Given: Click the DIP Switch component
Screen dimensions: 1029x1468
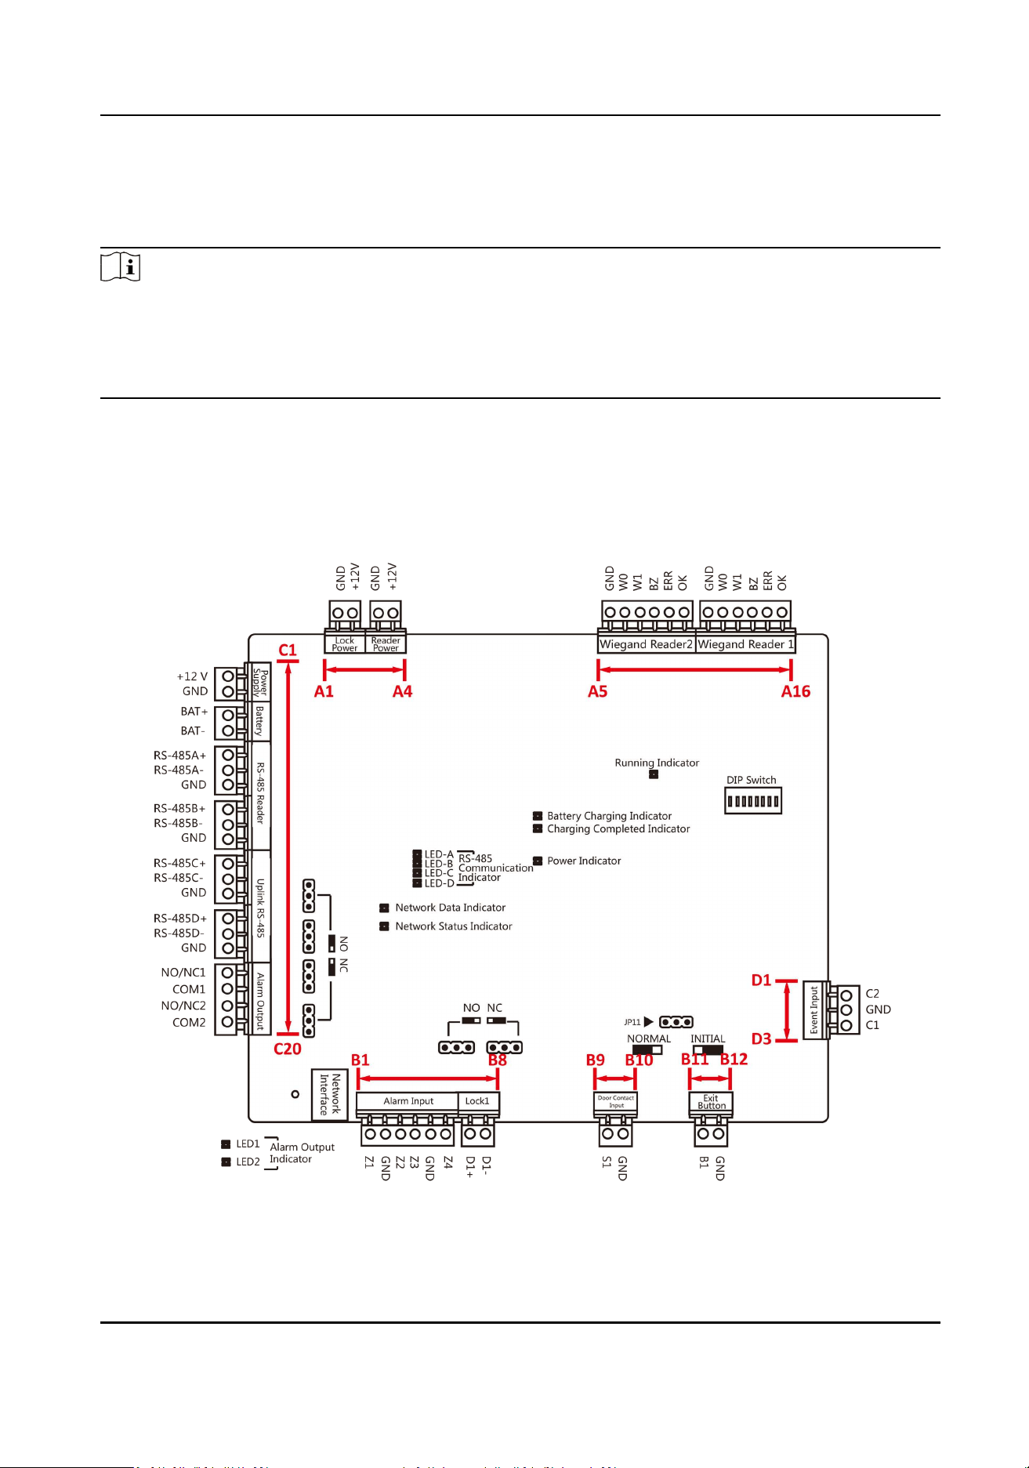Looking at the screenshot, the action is (752, 801).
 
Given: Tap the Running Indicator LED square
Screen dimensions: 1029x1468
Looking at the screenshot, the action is (654, 774).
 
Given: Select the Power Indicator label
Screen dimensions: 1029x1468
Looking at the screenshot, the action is (584, 861).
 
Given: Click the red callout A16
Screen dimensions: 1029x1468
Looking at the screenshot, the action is (795, 691).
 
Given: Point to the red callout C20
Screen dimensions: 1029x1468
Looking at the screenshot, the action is (288, 1049).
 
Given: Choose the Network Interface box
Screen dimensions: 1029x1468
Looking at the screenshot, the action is (330, 1094).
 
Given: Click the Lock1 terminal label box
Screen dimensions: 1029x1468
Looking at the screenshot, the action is (478, 1101).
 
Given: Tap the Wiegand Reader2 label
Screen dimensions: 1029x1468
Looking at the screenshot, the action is (647, 644).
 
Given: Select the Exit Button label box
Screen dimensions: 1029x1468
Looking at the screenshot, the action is (711, 1102).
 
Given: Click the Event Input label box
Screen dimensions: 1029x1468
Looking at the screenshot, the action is (814, 1009).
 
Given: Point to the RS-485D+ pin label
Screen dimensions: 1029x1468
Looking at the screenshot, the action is (180, 919).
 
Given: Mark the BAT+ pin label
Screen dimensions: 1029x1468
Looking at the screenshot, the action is (194, 712).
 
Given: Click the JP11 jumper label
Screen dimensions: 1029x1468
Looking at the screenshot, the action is (632, 1022).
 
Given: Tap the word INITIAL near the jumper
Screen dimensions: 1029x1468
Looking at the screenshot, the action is (708, 1038).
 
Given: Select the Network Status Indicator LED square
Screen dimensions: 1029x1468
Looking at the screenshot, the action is (384, 926).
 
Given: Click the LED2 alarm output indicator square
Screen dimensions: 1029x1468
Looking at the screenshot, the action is (226, 1162).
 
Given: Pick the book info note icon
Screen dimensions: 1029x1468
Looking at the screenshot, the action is (121, 268).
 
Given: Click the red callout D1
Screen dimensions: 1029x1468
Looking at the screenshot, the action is (761, 980).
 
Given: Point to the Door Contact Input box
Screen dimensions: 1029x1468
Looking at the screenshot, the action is (616, 1102).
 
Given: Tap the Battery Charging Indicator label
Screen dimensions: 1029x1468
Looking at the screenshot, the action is (609, 816).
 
